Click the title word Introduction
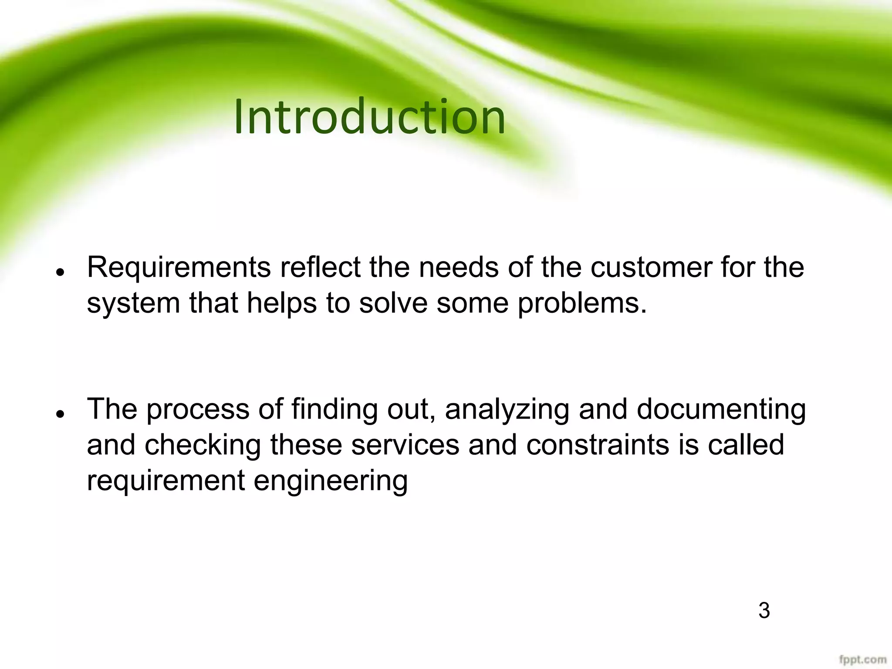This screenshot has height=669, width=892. pyautogui.click(x=369, y=117)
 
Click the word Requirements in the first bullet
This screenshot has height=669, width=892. pyautogui.click(x=179, y=267)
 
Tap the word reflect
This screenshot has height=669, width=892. pyautogui.click(x=320, y=267)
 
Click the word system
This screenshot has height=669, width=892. pyautogui.click(x=133, y=304)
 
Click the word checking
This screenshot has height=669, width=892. pyautogui.click(x=203, y=446)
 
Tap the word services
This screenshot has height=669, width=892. pyautogui.click(x=405, y=445)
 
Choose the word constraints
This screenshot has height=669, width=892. pyautogui.click(x=597, y=445)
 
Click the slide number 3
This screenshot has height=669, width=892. pyautogui.click(x=764, y=611)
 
